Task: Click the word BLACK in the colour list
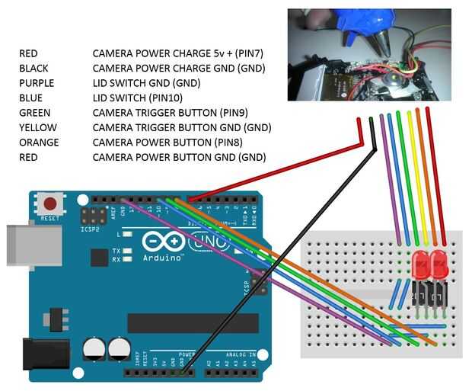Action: coord(33,69)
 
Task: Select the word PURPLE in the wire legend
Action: coord(36,83)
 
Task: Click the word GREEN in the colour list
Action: coord(34,113)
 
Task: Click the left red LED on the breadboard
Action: coord(421,266)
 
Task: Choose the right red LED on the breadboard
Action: coord(439,266)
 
